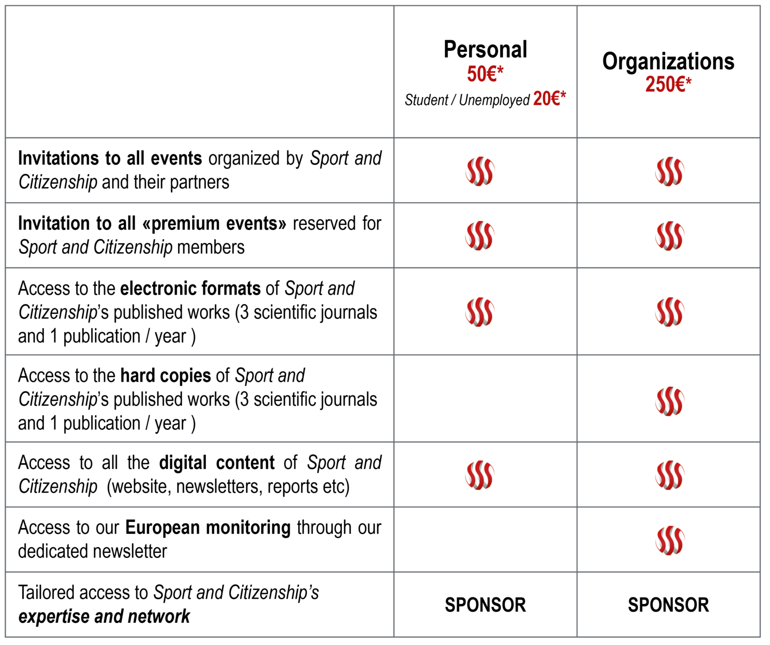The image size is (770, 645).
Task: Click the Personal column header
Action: (x=485, y=50)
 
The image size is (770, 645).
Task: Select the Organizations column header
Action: (x=668, y=62)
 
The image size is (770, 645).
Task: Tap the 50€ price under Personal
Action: (x=485, y=74)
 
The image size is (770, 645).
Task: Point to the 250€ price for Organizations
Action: (x=668, y=85)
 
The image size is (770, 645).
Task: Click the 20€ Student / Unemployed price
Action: (x=549, y=99)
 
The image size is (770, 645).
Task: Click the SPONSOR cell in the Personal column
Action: (x=485, y=605)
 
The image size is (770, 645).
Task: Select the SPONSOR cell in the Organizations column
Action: (x=668, y=605)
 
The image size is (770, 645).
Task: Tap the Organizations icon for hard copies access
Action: (x=669, y=401)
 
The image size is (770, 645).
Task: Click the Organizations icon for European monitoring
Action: (x=669, y=541)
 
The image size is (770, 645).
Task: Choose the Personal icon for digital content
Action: (x=480, y=475)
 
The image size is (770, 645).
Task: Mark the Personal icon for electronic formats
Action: (x=480, y=312)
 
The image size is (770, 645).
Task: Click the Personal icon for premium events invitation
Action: (x=480, y=236)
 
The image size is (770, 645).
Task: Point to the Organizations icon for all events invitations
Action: (x=669, y=171)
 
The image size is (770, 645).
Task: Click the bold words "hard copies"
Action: (x=166, y=376)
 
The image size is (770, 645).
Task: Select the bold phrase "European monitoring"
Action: (x=208, y=528)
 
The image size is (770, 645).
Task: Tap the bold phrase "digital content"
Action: (x=217, y=463)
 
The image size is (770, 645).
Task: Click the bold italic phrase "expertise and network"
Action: (x=104, y=617)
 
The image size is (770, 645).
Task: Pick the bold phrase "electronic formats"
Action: (x=190, y=288)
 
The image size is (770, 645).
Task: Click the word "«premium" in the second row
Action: (x=181, y=224)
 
